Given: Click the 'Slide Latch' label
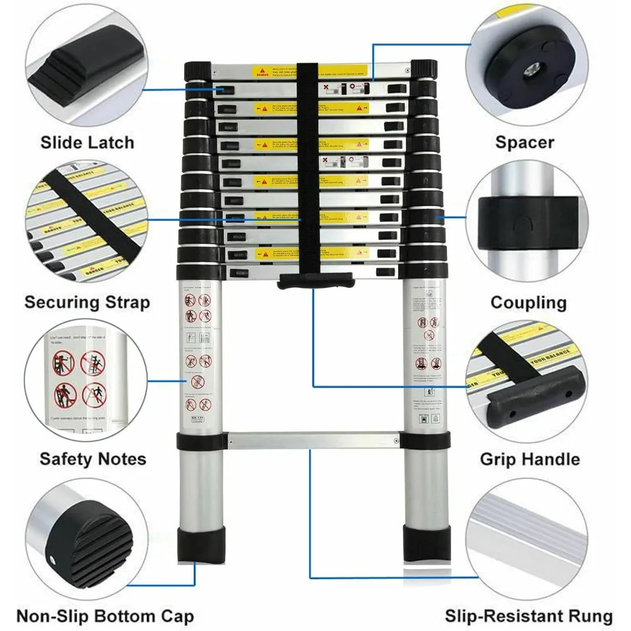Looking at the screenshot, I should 88,142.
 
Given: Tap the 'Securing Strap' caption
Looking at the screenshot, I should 88,302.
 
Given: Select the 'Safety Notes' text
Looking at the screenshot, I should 93,459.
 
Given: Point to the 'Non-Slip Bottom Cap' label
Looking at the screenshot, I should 105,616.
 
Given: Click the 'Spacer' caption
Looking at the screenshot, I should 524,142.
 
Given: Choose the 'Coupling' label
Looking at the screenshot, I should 529,302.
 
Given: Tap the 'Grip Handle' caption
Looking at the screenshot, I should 529,459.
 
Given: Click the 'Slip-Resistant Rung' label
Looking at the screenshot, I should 529,616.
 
